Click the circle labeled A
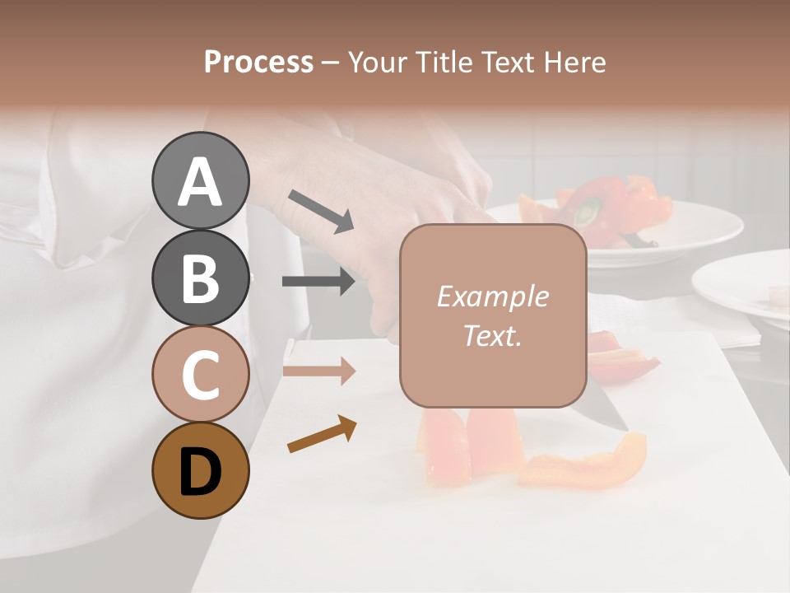pyautogui.click(x=200, y=180)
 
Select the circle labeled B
pyautogui.click(x=200, y=278)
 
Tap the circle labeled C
pyautogui.click(x=200, y=374)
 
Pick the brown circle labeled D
pyautogui.click(x=200, y=470)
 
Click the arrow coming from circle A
pyautogui.click(x=321, y=211)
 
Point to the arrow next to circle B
pyautogui.click(x=319, y=282)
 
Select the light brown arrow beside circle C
pyautogui.click(x=319, y=371)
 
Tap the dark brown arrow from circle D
pyautogui.click(x=322, y=434)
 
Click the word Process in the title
pyautogui.click(x=258, y=62)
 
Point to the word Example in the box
pyautogui.click(x=492, y=296)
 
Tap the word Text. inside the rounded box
pyautogui.click(x=492, y=335)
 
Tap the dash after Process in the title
pyautogui.click(x=331, y=63)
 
